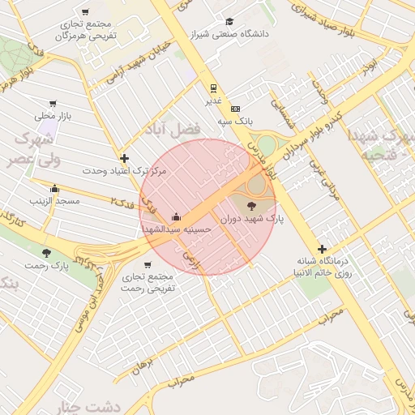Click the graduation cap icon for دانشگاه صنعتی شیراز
click(x=229, y=22)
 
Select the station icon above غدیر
click(x=213, y=88)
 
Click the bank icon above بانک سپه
click(x=236, y=108)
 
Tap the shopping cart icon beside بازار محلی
click(x=53, y=104)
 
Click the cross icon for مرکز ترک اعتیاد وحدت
click(x=123, y=159)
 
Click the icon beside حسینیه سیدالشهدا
click(x=176, y=217)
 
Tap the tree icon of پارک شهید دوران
click(x=249, y=207)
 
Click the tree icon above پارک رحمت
click(x=45, y=253)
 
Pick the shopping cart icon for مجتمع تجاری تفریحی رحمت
click(x=148, y=264)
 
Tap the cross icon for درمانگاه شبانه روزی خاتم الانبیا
click(x=322, y=250)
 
